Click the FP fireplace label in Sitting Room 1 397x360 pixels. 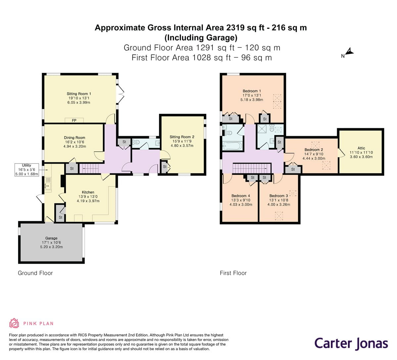[x=74, y=121]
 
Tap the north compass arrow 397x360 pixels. [x=349, y=52]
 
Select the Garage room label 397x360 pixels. [x=51, y=238]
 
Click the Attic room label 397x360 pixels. [x=361, y=148]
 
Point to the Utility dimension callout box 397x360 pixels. [x=26, y=170]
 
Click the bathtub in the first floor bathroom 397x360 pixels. [x=233, y=145]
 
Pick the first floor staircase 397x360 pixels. [x=252, y=169]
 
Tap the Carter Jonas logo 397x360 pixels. [x=351, y=343]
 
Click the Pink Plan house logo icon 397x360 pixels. [x=14, y=323]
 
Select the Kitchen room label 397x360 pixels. [x=88, y=192]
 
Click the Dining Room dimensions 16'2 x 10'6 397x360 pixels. [x=74, y=142]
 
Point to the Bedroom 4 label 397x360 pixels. [x=241, y=196]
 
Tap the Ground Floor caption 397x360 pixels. [x=35, y=273]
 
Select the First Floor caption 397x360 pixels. [x=233, y=273]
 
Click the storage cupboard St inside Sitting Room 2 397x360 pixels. [x=164, y=167]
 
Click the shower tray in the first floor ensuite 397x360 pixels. [x=264, y=129]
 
